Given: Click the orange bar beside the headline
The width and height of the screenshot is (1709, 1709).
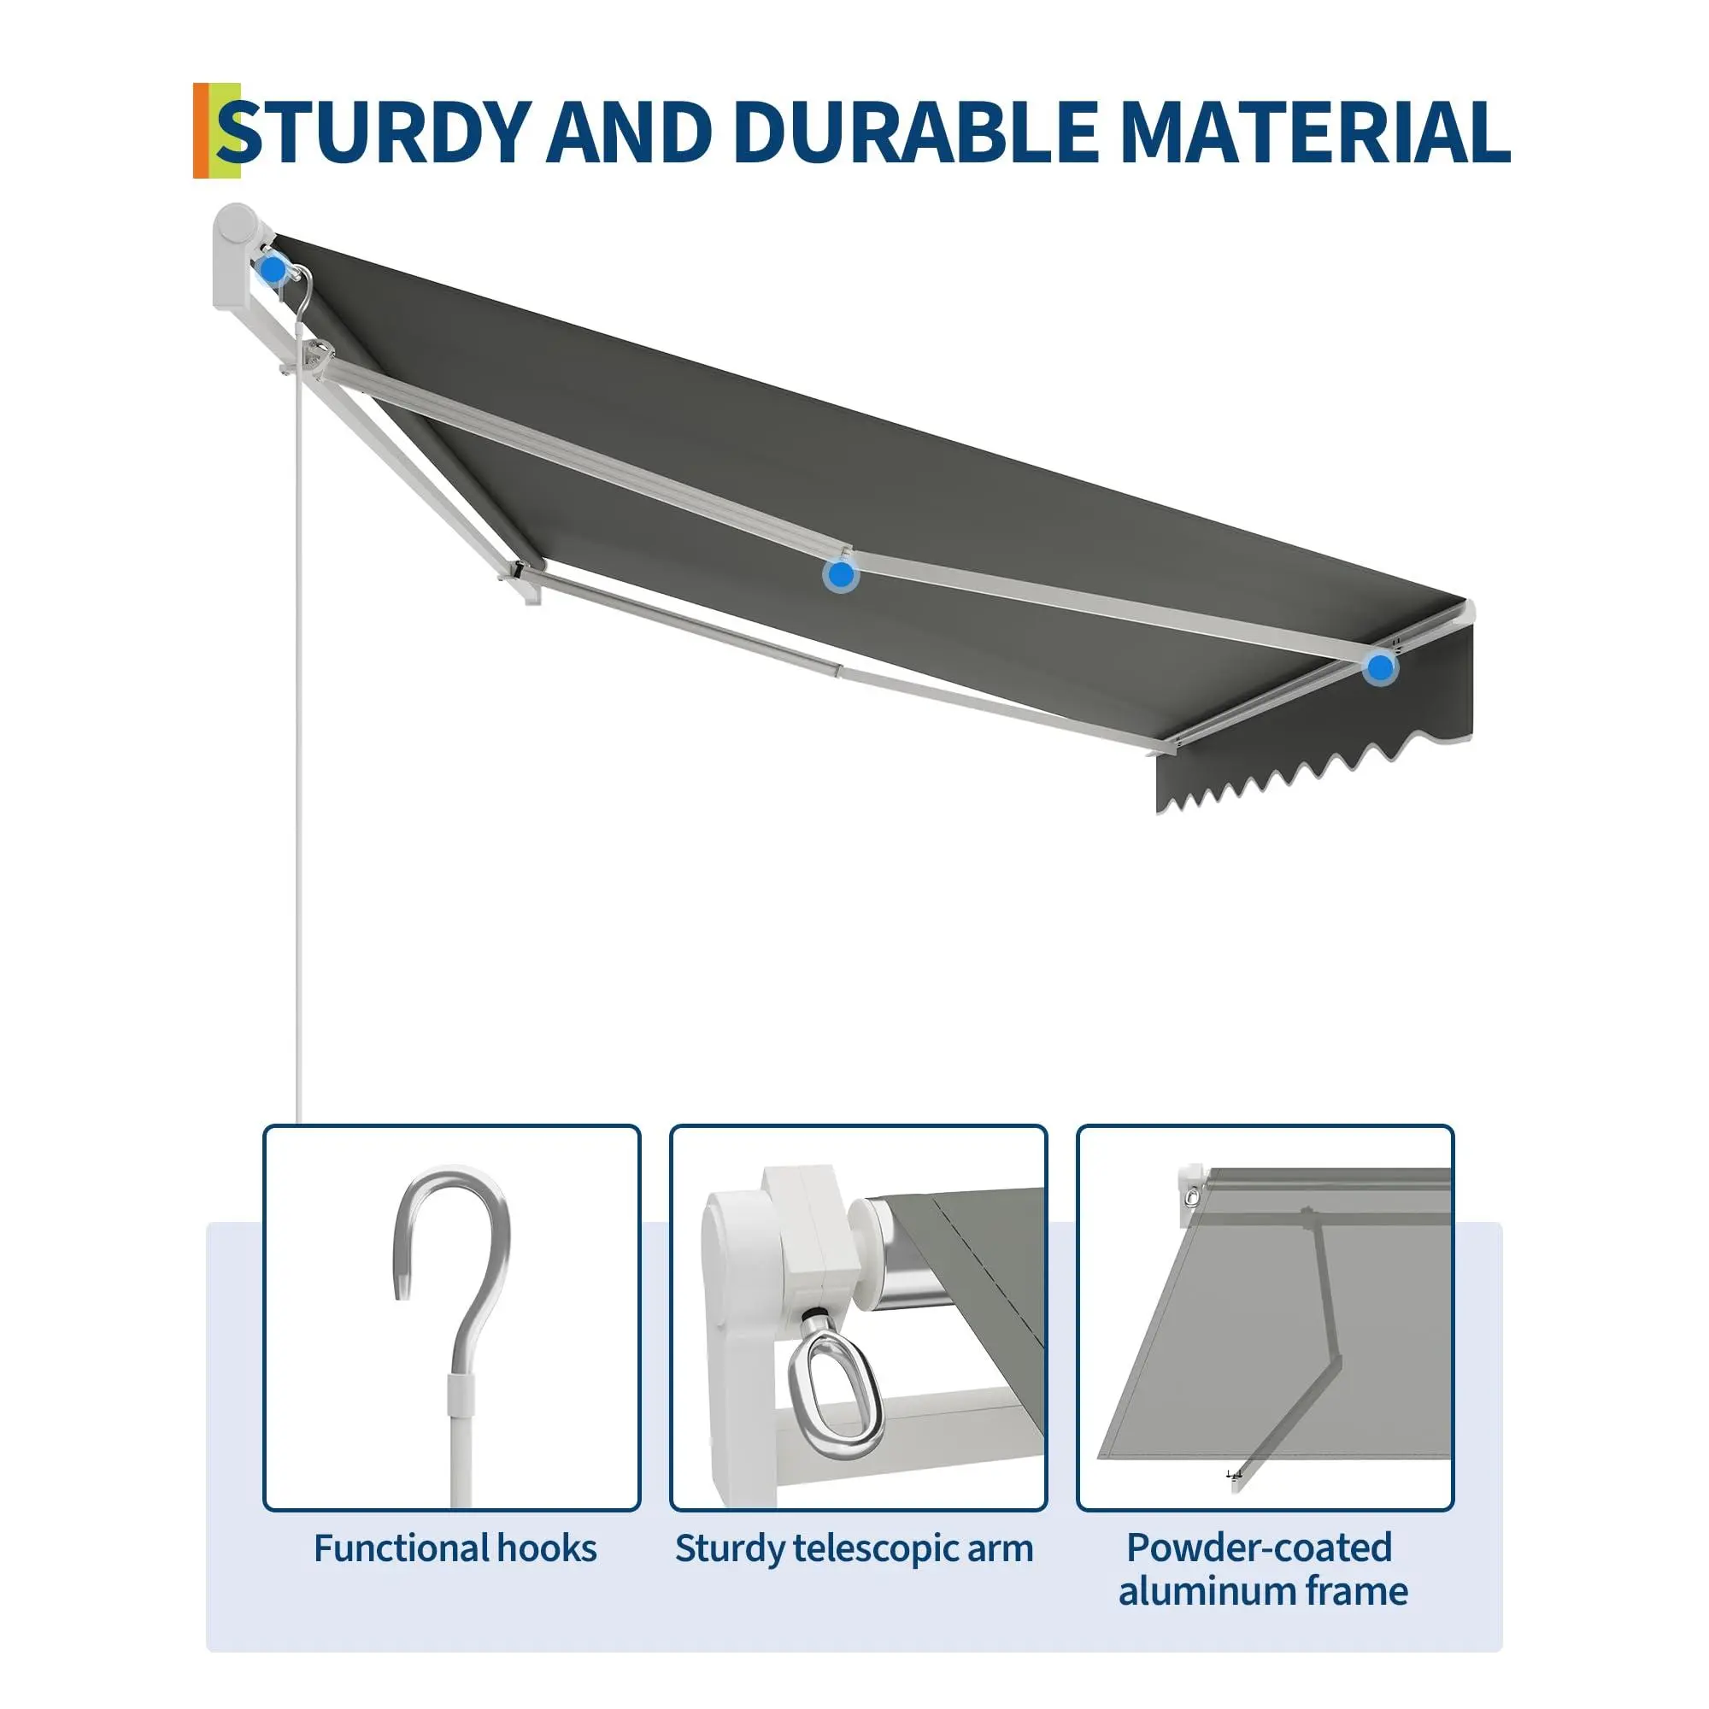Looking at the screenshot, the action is coord(202,131).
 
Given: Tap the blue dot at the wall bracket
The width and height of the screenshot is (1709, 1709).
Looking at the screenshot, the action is coord(273,268).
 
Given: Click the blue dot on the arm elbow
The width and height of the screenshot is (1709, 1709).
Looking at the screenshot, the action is coord(840,575).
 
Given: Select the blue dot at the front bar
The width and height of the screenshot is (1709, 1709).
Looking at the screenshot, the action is coord(1379,667).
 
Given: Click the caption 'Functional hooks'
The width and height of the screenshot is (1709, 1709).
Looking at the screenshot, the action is coord(455,1549).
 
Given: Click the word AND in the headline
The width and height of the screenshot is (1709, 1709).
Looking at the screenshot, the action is coord(629,132).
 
